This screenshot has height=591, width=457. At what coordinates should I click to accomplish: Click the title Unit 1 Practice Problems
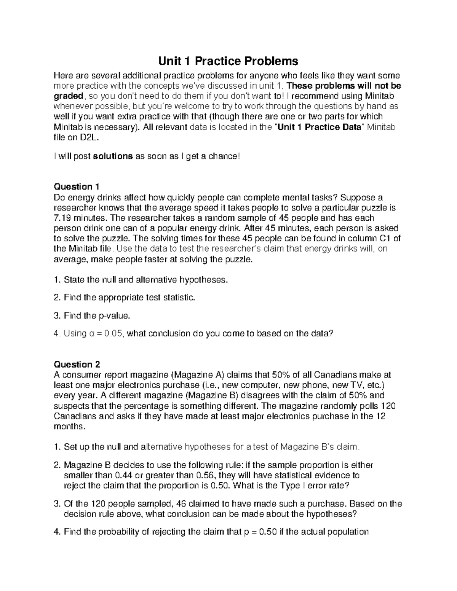point(228,61)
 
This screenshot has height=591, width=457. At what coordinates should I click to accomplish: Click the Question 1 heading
point(77,187)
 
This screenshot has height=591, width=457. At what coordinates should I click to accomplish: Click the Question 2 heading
point(77,365)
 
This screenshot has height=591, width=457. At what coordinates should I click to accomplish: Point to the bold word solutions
point(113,156)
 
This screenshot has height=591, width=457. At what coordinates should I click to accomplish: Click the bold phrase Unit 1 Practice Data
point(319,127)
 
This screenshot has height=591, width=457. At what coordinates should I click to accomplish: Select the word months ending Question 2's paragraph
point(67,427)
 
